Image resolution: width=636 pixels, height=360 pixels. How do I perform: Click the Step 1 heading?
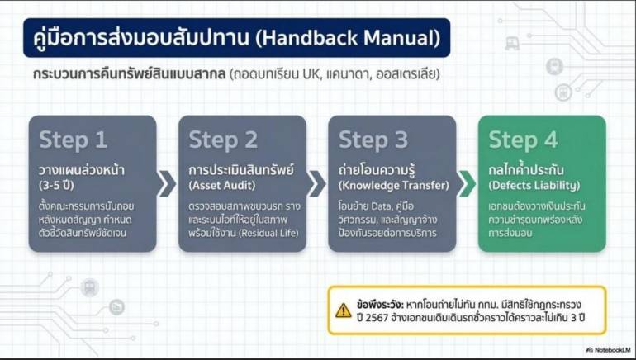[x=74, y=140]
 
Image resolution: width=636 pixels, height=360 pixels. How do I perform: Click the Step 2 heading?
[x=223, y=140]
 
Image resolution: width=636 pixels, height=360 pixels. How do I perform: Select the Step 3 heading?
[x=373, y=140]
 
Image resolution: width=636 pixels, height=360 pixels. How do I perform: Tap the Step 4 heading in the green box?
[x=523, y=140]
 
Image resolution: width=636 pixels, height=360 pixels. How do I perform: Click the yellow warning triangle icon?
[x=344, y=310]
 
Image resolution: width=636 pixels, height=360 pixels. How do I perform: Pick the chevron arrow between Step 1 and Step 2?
[x=167, y=183]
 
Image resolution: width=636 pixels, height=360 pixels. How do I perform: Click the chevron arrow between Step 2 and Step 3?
[x=316, y=183]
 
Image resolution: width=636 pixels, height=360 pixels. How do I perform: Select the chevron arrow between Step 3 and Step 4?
[x=466, y=183]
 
